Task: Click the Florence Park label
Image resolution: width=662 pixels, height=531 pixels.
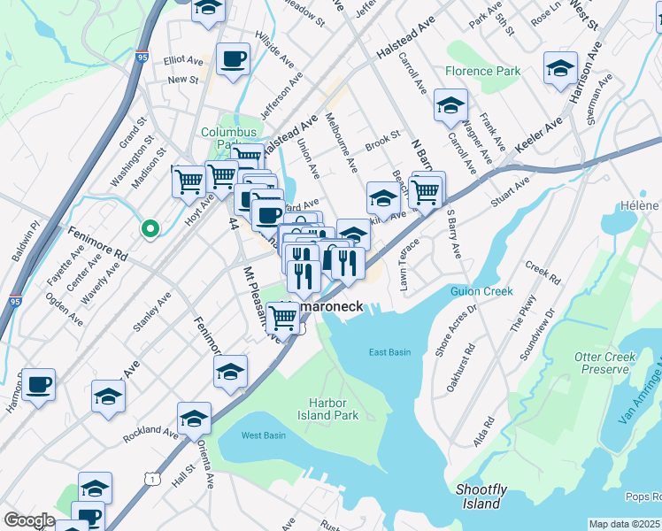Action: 482,71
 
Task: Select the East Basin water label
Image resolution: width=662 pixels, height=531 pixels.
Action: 389,352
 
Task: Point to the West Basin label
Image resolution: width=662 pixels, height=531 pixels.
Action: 263,435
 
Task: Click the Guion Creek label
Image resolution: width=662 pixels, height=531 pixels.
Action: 481,291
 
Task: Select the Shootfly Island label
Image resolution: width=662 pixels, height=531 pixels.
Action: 481,496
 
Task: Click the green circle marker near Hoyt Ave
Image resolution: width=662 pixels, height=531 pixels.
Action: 150,229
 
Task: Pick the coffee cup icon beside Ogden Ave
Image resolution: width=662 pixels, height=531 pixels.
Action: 39,385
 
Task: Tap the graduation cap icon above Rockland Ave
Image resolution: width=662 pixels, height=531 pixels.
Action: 194,419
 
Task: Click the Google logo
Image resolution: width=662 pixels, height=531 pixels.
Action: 29,520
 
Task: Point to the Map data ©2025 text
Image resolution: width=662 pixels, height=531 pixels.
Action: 625,524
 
